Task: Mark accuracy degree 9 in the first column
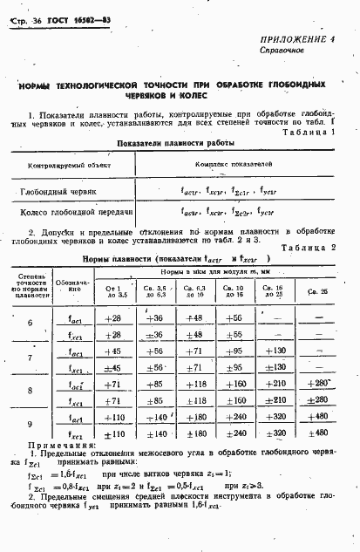pyautogui.click(x=31, y=423)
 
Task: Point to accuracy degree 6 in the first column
pyautogui.click(x=31, y=324)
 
